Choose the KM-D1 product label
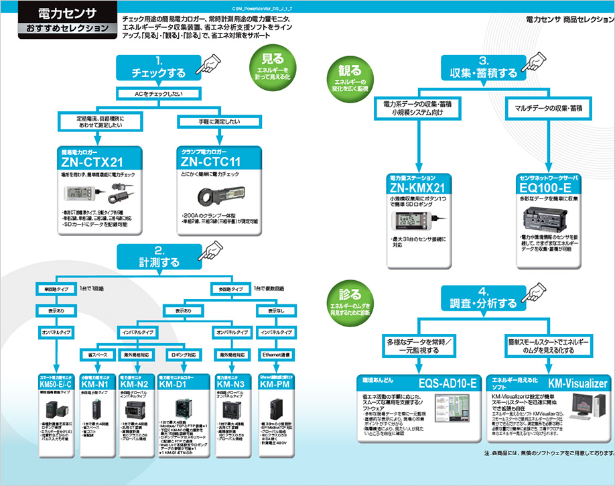click(x=174, y=385)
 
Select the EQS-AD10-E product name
click(x=446, y=383)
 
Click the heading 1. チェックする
click(x=159, y=67)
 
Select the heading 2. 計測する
click(x=159, y=255)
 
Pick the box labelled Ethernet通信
click(x=273, y=353)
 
